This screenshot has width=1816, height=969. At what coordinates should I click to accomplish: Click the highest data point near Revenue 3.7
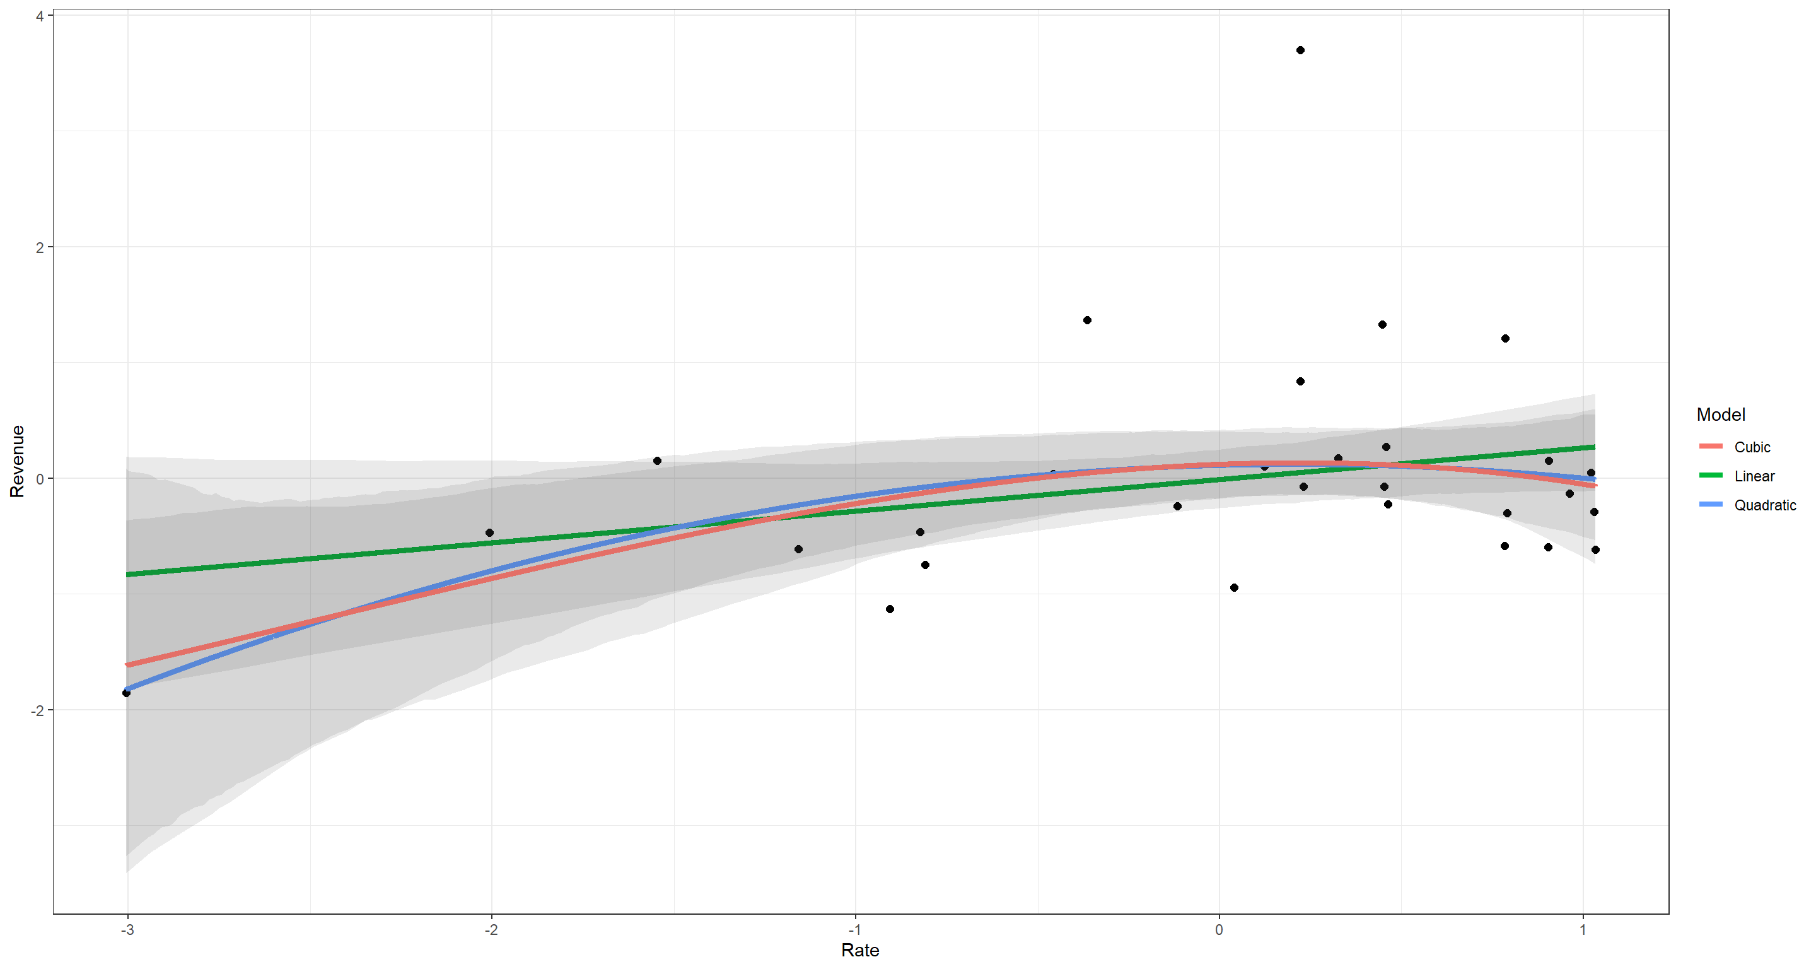coord(1300,50)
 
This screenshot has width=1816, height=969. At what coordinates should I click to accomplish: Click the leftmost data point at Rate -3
coord(126,693)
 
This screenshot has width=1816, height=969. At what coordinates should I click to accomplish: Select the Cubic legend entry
coord(1752,447)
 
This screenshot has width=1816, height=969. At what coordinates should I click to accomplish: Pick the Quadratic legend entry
coord(1764,505)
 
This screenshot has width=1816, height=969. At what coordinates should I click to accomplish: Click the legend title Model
coord(1720,414)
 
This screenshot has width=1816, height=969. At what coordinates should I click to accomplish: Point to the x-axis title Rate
coord(860,950)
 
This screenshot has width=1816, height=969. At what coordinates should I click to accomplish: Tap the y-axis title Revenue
coord(17,462)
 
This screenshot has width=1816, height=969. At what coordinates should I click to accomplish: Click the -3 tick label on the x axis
coord(127,929)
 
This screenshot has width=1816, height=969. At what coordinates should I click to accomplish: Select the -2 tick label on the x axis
coord(491,929)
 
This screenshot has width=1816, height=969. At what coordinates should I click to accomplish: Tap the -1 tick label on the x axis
coord(854,929)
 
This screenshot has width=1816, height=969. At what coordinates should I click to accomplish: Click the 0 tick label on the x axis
coord(1219,929)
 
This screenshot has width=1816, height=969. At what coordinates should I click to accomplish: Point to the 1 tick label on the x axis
coord(1583,929)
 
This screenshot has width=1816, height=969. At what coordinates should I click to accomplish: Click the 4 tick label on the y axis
coord(40,16)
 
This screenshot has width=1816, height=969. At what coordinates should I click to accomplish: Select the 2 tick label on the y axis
coord(40,247)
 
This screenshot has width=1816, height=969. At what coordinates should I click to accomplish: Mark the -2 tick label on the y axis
coord(37,710)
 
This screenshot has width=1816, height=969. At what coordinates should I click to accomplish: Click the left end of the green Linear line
coord(127,575)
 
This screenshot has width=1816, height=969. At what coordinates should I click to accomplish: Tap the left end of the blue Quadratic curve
coord(127,688)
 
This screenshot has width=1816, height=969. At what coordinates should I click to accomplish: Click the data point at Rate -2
coord(489,532)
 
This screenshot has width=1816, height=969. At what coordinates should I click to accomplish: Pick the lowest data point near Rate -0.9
coord(890,609)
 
